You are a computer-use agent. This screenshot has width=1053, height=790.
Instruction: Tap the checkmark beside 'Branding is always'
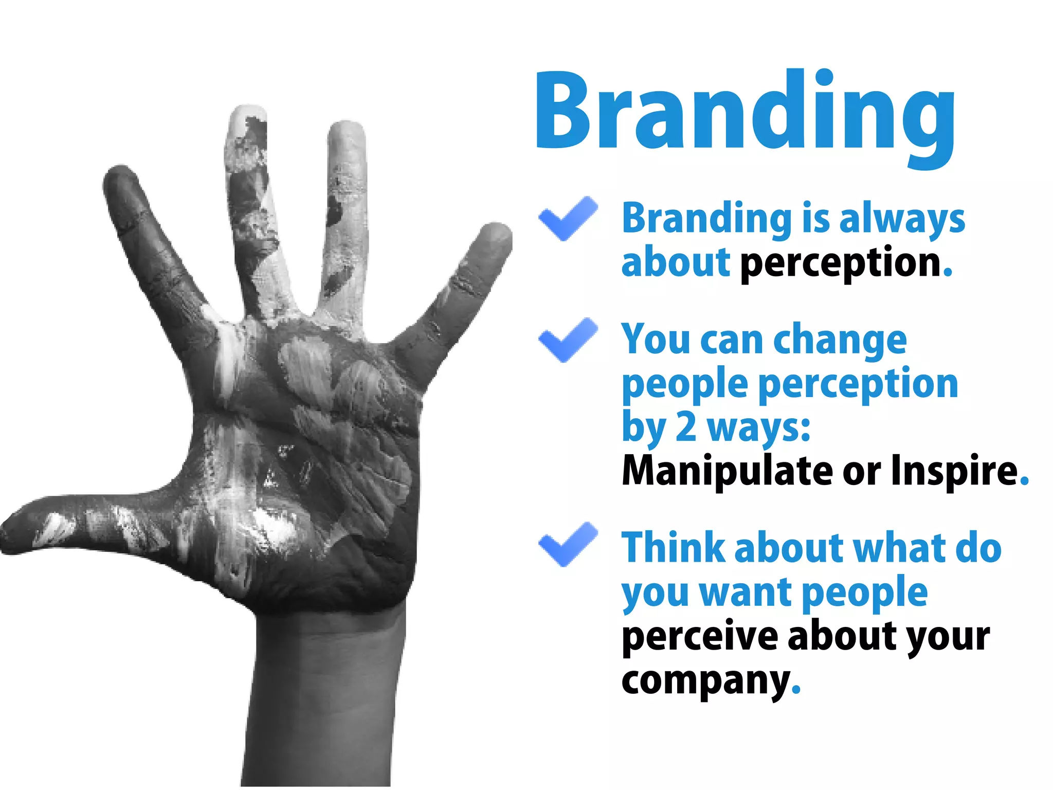(x=568, y=218)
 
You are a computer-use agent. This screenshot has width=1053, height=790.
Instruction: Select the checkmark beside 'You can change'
(x=568, y=339)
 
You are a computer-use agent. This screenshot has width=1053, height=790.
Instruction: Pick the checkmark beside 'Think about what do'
(x=568, y=544)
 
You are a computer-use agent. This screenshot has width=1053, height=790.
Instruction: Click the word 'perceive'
(x=699, y=638)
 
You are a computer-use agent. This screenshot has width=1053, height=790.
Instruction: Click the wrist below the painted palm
(x=329, y=669)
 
